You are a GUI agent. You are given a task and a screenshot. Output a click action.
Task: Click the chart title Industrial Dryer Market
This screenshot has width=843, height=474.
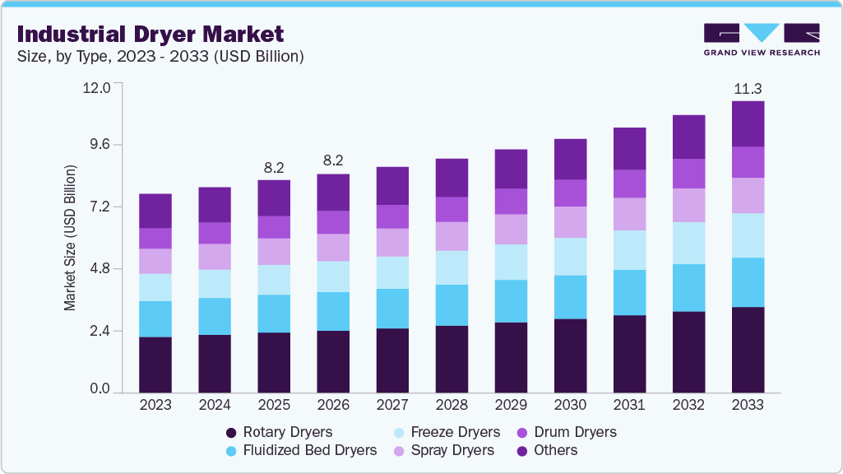click(150, 34)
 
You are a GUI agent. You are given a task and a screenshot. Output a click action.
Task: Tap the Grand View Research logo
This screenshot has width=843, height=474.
click(762, 39)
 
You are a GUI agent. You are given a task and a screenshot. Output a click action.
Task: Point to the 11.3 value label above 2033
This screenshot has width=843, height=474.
click(748, 89)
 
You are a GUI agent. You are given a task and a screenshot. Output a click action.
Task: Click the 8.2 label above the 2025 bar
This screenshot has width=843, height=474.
click(274, 168)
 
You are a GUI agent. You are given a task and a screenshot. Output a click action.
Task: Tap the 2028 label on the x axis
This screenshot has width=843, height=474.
click(452, 405)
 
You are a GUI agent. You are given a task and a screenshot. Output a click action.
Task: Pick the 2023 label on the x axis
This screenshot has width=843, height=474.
click(155, 405)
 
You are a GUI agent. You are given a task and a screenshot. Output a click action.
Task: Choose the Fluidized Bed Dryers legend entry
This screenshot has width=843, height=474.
click(301, 450)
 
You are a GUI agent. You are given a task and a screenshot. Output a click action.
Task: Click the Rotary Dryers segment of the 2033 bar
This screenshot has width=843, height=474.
click(748, 350)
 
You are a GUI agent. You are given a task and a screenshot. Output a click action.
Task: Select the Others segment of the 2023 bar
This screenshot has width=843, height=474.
click(155, 211)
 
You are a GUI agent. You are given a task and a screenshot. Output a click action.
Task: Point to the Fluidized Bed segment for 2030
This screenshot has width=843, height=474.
click(570, 297)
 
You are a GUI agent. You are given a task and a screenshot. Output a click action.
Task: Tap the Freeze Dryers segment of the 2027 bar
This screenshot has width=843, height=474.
click(392, 272)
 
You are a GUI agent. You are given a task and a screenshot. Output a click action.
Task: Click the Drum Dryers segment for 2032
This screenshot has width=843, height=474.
click(688, 174)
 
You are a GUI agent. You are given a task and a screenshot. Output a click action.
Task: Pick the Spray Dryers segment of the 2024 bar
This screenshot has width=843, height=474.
click(215, 257)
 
